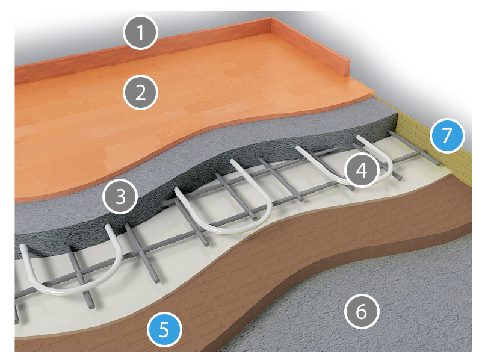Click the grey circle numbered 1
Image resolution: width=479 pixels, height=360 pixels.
click(x=141, y=32)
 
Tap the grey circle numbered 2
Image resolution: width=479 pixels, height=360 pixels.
click(x=141, y=92)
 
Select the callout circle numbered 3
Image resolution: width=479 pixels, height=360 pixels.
click(x=120, y=196)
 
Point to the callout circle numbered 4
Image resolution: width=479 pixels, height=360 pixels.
click(x=362, y=170)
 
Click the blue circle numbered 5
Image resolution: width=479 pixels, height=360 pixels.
click(x=164, y=330)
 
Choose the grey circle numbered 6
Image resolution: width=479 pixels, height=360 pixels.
click(x=362, y=311)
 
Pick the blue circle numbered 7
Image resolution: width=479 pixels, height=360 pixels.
click(x=447, y=135)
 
